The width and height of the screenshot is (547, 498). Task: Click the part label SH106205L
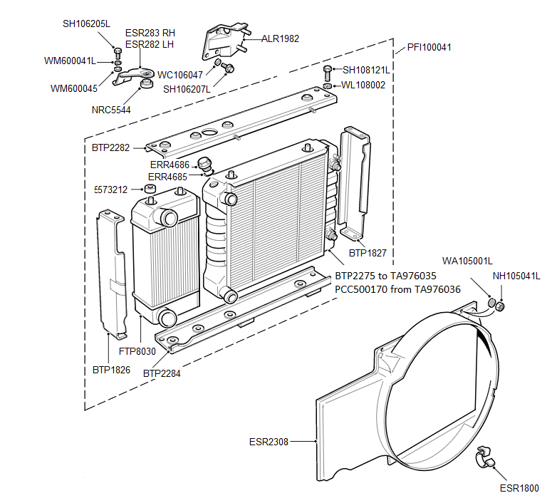click(86, 24)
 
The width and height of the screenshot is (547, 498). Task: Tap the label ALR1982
click(280, 39)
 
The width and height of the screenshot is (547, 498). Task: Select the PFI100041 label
click(429, 48)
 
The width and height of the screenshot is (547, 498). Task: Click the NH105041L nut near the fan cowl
click(500, 306)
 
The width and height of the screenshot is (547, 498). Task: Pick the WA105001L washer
click(491, 304)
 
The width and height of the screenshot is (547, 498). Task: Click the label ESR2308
click(269, 442)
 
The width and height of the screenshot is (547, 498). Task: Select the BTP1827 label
click(368, 252)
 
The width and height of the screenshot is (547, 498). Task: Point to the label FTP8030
click(137, 351)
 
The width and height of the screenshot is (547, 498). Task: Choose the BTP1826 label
click(110, 370)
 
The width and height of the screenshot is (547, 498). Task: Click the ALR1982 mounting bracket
click(226, 41)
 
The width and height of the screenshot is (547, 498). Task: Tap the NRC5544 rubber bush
click(147, 85)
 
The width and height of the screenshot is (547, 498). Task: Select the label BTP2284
click(162, 373)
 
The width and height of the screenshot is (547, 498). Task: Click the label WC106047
click(180, 74)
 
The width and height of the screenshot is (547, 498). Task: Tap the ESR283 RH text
click(150, 33)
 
